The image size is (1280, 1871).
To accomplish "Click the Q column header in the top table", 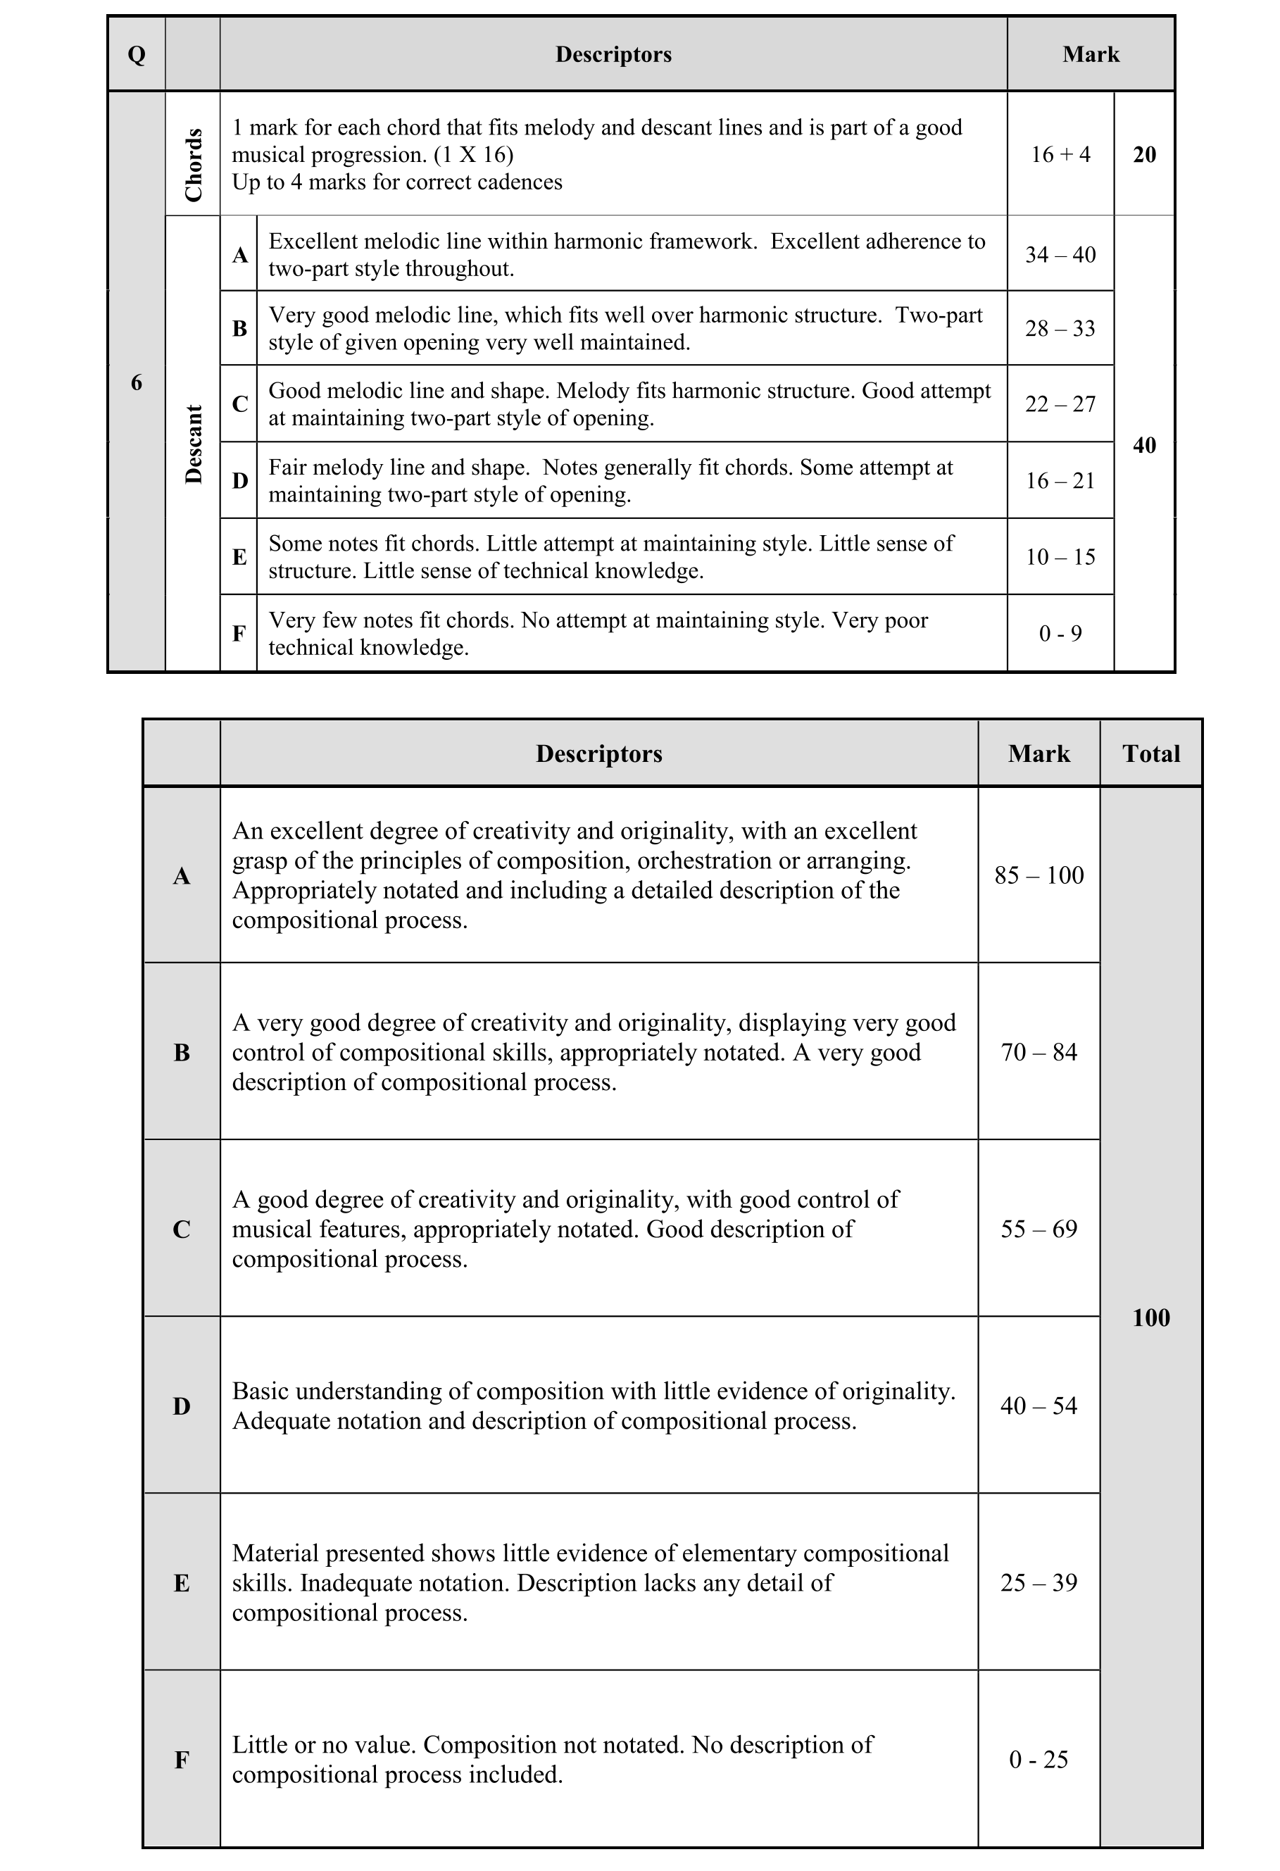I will click(136, 55).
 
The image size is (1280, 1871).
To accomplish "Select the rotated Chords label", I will click(193, 164).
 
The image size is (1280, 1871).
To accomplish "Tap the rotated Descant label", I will click(193, 444).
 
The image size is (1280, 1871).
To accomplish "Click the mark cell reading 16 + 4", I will click(1060, 155).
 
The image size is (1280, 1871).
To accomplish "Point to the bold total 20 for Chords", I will click(1144, 155).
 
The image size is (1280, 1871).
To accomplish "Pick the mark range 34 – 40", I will click(1060, 254).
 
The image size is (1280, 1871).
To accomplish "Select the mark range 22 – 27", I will click(1060, 404).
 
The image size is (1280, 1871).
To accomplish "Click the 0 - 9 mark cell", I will click(1060, 634).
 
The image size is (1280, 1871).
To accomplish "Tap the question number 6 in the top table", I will click(136, 382).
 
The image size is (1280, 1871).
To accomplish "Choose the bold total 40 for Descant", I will click(1144, 445).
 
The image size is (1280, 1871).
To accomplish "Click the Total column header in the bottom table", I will click(1150, 753).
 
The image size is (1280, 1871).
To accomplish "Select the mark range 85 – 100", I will click(1039, 875).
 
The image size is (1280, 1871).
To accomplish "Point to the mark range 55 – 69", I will click(1039, 1229).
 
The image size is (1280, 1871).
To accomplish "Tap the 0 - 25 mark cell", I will click(1039, 1759).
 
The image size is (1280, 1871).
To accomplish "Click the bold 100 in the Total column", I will click(1150, 1317).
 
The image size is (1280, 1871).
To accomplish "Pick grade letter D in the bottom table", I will click(182, 1406).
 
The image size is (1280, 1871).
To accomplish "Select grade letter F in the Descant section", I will click(239, 634).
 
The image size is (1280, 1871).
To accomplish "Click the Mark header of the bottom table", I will click(1039, 753).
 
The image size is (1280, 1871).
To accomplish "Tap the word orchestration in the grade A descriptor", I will click(703, 861).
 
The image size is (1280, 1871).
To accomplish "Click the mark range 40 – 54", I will click(1039, 1406).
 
